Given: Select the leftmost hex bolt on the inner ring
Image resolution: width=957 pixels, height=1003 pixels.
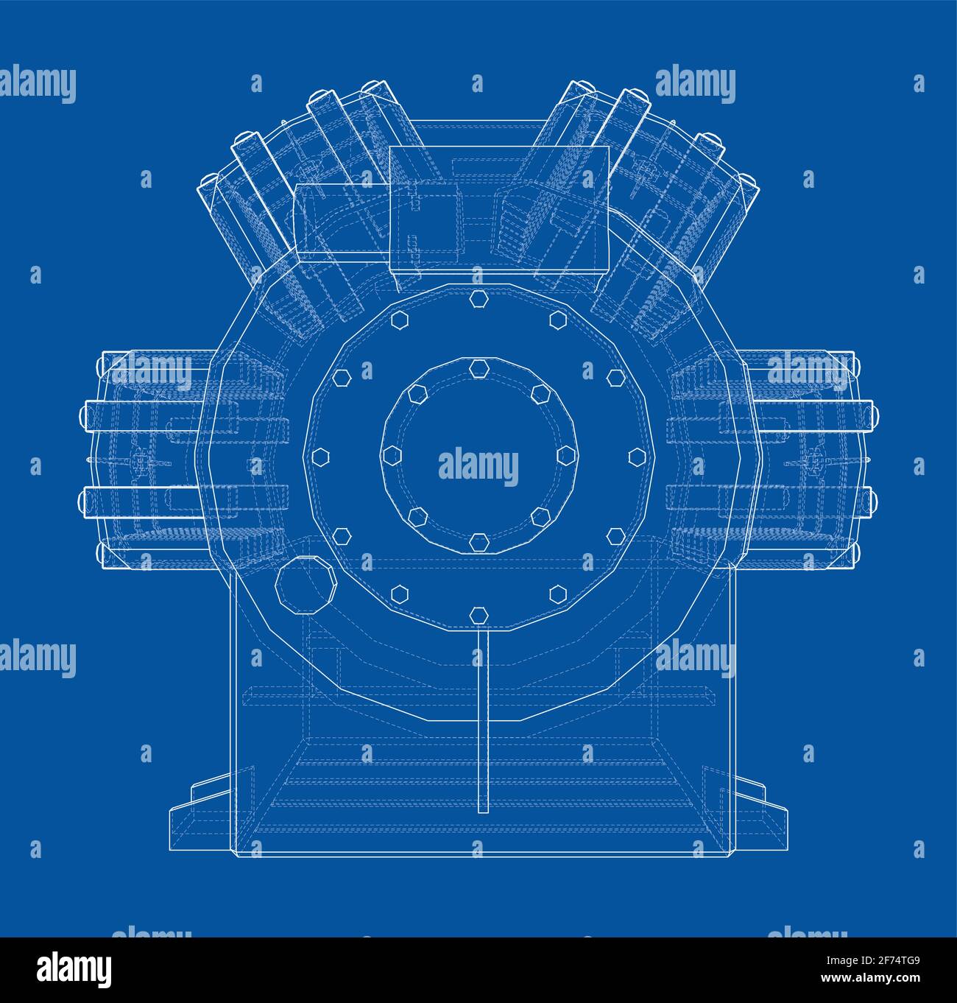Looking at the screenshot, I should click(390, 455).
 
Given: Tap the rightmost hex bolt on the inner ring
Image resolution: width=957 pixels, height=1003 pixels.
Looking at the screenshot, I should click(567, 455).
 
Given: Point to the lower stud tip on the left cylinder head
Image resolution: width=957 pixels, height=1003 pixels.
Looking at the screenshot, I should click(82, 501).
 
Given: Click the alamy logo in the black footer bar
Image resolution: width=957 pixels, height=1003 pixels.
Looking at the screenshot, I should click(75, 969).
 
